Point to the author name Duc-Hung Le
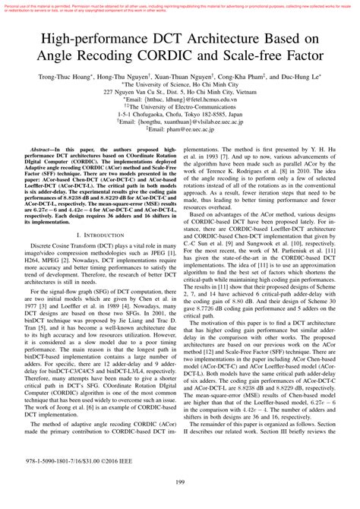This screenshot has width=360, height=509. pos(311,77)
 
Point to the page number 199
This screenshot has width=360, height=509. pos(180,501)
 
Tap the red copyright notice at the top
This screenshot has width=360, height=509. pos(180,7)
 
